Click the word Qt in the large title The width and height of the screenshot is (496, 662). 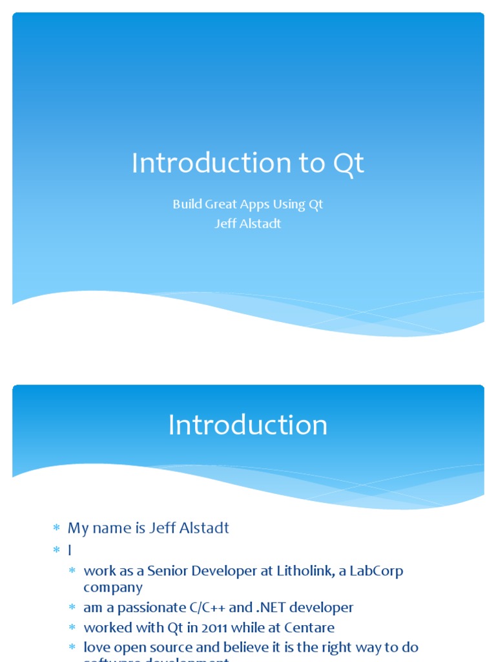click(349, 164)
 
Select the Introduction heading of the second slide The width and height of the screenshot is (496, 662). click(248, 425)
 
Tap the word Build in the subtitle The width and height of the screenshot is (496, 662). click(187, 204)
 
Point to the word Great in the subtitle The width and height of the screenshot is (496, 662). click(222, 204)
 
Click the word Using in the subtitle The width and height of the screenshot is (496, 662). click(288, 205)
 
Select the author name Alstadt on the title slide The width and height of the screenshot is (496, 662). click(262, 224)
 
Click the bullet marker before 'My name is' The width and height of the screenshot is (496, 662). click(56, 529)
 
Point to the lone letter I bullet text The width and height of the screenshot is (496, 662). click(70, 550)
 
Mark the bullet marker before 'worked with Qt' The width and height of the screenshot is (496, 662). click(73, 628)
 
